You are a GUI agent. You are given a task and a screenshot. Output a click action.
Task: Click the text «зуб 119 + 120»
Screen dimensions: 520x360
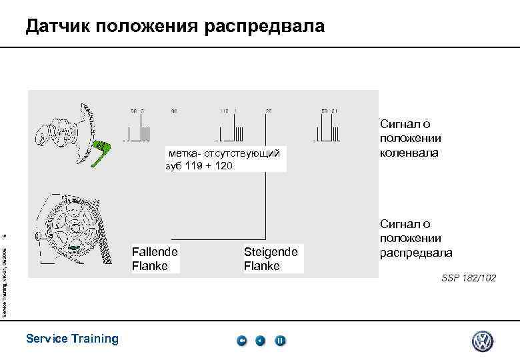199,166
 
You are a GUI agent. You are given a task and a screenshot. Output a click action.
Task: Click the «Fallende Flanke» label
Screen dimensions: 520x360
155,259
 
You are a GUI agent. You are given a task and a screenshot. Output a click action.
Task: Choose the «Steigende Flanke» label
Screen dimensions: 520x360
270,259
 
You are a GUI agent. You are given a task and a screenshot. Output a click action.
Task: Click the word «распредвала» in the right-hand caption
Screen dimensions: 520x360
416,253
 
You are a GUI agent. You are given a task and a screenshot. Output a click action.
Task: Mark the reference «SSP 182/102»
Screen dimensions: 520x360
468,277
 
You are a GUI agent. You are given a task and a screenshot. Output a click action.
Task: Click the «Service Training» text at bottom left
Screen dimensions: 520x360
72,339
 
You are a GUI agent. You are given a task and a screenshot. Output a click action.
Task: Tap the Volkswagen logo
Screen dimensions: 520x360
483,341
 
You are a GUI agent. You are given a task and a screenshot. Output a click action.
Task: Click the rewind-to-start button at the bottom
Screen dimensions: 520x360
242,341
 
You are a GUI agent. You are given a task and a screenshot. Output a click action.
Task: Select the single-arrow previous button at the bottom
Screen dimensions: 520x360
261,341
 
